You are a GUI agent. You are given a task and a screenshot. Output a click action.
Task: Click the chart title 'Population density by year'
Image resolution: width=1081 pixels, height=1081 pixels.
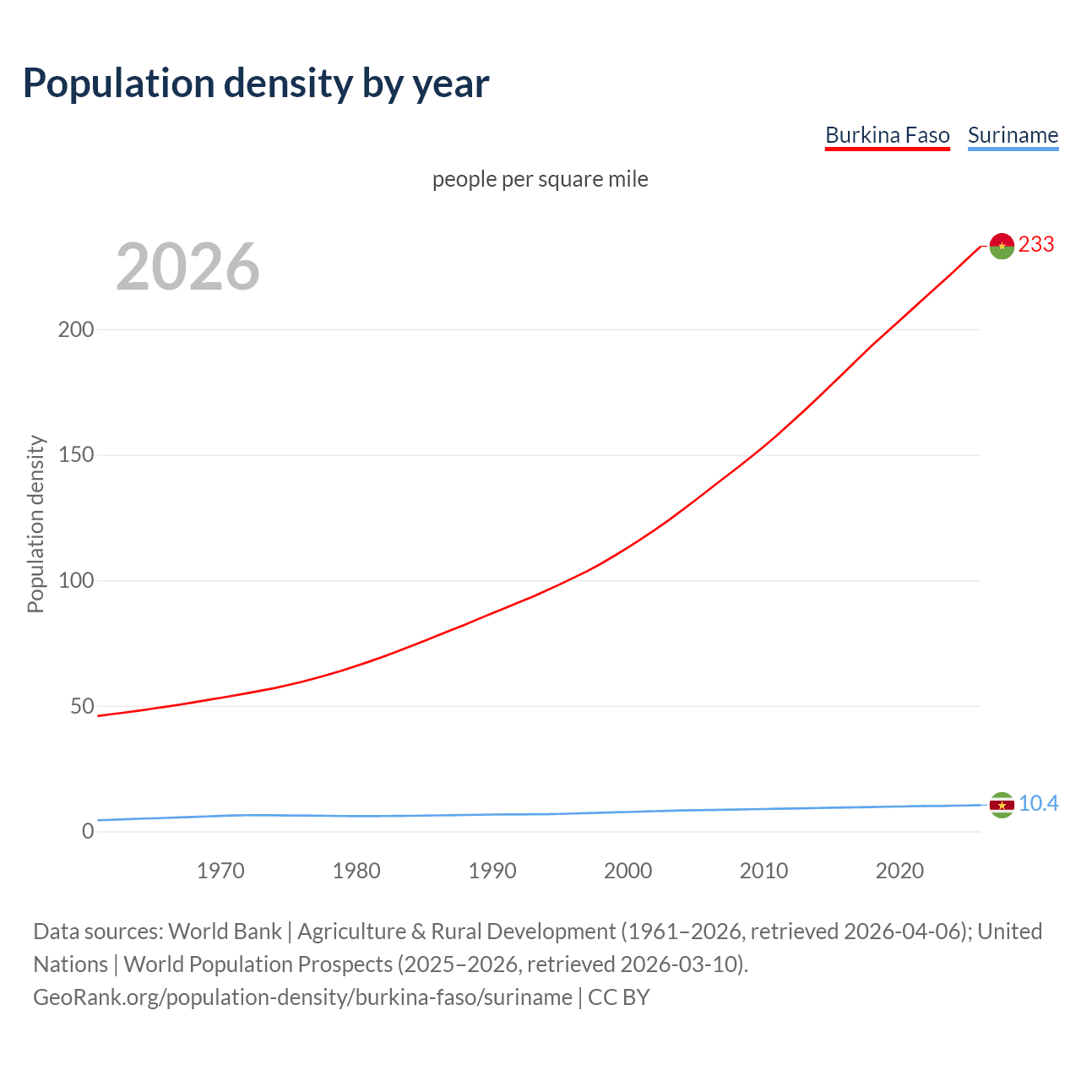tap(256, 84)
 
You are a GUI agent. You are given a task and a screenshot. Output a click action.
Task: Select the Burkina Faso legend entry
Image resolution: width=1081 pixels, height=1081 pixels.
tap(887, 135)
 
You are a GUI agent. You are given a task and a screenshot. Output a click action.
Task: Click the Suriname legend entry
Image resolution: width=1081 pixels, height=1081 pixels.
tap(1013, 135)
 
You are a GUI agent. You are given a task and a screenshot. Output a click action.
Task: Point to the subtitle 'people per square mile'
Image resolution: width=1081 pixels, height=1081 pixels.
tap(540, 179)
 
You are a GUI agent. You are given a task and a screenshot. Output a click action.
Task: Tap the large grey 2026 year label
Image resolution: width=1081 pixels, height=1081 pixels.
tap(187, 267)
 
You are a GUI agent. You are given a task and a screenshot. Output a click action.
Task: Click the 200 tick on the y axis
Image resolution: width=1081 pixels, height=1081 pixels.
tap(76, 329)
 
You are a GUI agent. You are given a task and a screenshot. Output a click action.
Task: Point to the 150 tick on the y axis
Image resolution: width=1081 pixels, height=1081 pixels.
tap(76, 455)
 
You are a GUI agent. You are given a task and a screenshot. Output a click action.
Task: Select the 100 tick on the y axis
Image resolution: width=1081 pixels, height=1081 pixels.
tap(76, 581)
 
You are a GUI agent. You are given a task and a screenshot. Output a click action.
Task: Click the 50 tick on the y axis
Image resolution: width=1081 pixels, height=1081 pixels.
tap(82, 706)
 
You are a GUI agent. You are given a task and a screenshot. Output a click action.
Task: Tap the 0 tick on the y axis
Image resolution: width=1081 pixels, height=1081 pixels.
tap(88, 832)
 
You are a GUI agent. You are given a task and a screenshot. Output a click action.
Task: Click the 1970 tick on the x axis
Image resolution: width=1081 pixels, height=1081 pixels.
tap(220, 871)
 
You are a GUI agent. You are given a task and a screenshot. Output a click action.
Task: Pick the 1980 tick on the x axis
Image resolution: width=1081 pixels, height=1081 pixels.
tap(356, 871)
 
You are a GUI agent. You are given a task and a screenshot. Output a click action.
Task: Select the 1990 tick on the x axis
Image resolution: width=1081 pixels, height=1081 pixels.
tap(492, 871)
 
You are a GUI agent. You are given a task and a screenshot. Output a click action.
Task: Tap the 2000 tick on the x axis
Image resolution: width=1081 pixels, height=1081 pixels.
tap(628, 871)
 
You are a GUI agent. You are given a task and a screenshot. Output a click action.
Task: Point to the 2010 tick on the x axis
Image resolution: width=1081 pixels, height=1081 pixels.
tap(764, 871)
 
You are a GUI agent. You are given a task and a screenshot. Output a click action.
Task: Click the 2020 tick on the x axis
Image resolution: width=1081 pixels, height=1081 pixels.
tap(900, 871)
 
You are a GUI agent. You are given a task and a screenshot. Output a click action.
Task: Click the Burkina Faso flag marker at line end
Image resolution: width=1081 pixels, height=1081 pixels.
tap(1002, 246)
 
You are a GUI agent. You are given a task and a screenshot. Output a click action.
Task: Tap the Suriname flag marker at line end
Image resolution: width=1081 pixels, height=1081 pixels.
tap(1002, 805)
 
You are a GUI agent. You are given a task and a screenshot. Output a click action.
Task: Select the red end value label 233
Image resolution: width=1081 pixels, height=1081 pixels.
tap(1036, 245)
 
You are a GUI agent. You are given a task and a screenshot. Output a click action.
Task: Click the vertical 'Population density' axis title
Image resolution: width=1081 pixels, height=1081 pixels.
tap(35, 524)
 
